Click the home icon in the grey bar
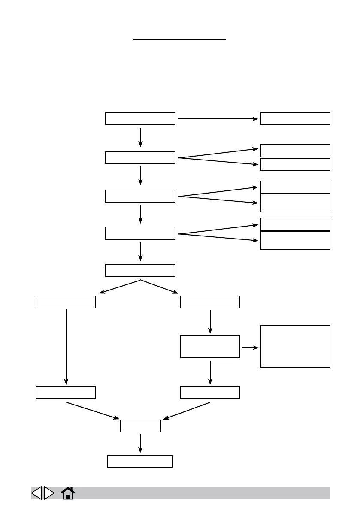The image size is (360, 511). pos(68,493)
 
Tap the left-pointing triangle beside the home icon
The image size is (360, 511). pos(36,493)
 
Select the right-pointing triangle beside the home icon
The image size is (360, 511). pos(49,493)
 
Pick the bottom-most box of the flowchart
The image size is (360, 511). pos(140,461)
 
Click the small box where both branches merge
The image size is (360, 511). pos(140,426)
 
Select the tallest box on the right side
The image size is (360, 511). pos(295,346)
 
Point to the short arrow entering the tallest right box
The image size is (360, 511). pos(250,347)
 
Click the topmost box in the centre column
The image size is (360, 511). pos(140,119)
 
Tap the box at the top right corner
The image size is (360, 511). pos(295,119)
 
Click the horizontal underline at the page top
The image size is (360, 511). pos(179,39)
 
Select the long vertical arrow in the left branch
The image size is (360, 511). pos(66,346)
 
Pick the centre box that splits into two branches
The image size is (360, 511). pos(140,271)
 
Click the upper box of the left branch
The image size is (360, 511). pos(66,302)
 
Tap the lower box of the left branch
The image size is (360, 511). pos(66,392)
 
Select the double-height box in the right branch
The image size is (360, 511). pos(210,346)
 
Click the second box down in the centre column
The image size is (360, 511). pos(140,157)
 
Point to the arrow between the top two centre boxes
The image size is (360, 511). pos(140,138)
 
